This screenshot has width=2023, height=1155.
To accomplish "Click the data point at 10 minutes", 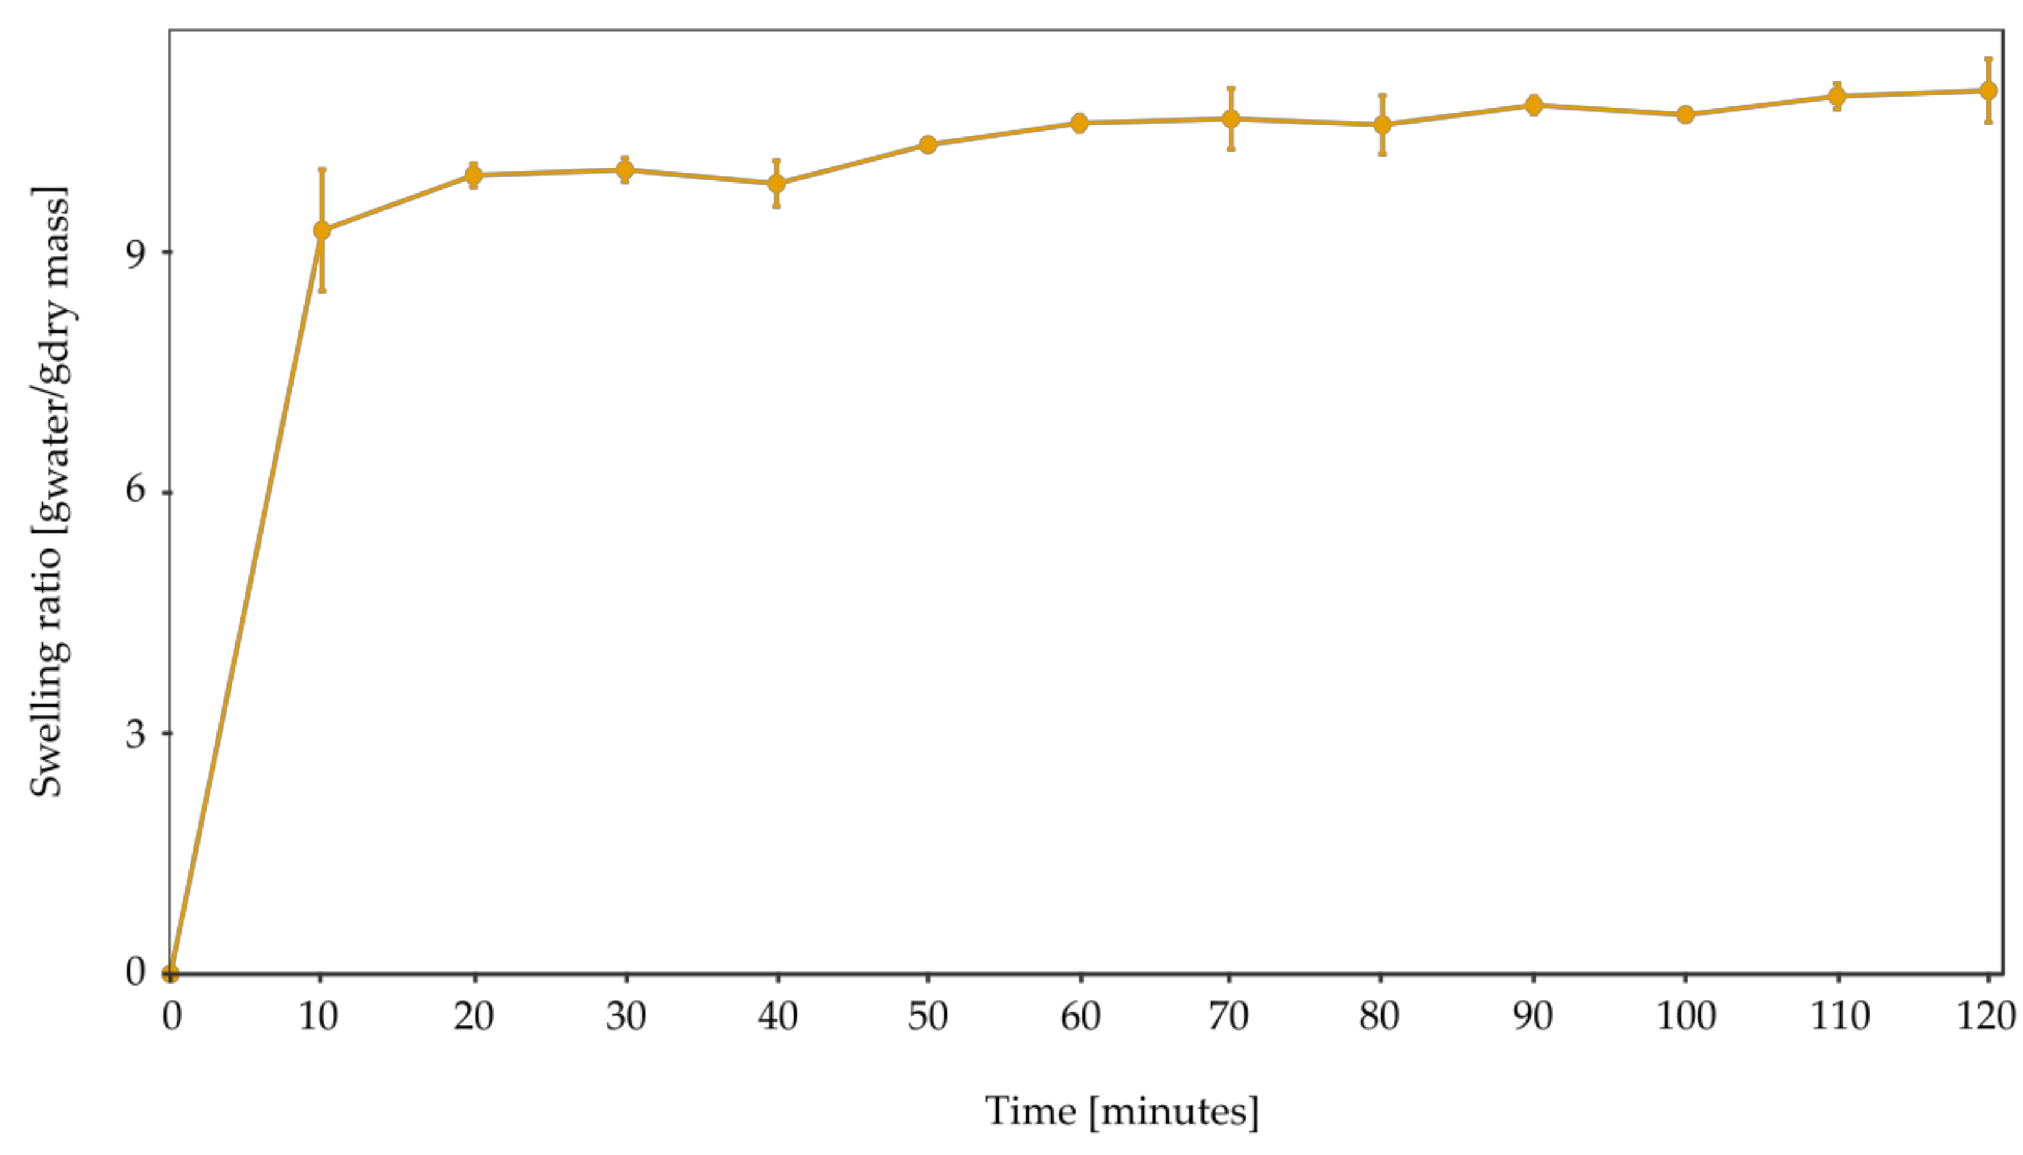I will click(321, 230).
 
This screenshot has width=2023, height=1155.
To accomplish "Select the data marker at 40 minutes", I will click(777, 184).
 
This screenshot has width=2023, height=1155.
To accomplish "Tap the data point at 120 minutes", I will click(1988, 91).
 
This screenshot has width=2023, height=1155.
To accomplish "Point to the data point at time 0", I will click(170, 973).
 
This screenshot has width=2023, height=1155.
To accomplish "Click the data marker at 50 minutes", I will click(928, 144).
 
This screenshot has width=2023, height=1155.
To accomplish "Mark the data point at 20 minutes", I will click(473, 174).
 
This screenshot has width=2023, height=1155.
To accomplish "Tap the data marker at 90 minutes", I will click(1534, 105).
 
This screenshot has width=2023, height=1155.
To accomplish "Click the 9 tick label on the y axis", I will click(136, 253).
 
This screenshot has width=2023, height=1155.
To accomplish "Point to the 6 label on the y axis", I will click(136, 491).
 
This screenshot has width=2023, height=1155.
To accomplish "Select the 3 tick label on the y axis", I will click(136, 733).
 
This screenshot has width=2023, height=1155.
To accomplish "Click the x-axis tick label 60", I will click(1080, 1016).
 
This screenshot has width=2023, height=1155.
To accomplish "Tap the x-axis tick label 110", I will click(1838, 1016).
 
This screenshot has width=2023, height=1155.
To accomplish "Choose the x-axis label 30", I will click(626, 1016).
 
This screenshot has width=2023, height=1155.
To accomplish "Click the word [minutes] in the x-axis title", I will click(1174, 1112).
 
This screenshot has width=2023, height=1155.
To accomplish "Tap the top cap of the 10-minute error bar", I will click(321, 169).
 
